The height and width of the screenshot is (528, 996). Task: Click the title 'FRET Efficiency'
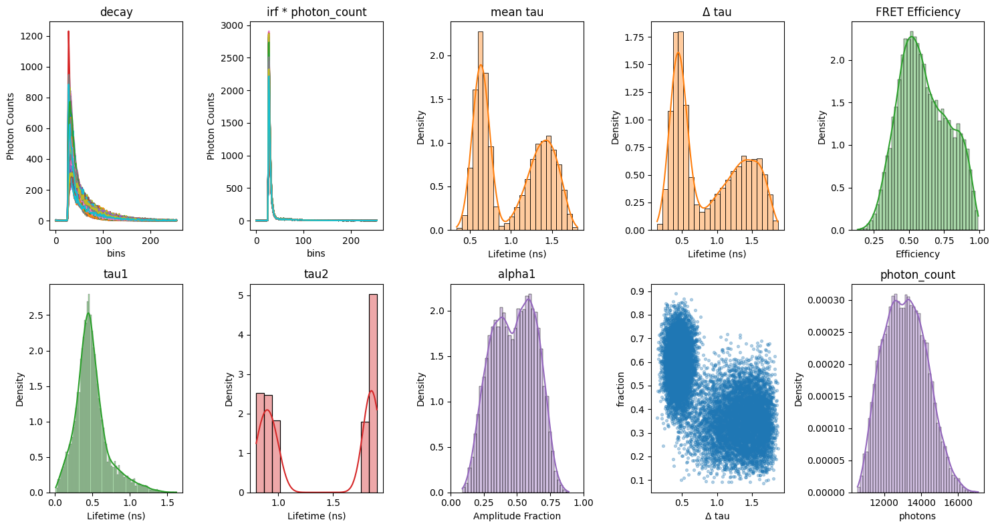pos(918,12)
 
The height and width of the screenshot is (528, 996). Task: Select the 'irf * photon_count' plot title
pos(317,12)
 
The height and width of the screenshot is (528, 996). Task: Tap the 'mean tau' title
pos(517,12)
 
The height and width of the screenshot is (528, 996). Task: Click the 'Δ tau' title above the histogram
pos(717,12)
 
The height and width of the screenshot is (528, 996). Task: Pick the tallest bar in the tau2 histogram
pos(374,394)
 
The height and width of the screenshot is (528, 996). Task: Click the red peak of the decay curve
pos(68,31)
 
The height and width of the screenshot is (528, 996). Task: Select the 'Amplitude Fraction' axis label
pos(517,516)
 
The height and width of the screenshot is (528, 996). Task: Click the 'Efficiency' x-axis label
pos(917,254)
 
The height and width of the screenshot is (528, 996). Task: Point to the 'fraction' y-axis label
pos(620,390)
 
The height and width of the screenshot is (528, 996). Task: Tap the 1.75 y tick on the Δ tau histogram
pos(634,37)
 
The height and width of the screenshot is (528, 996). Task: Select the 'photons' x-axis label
pos(917,516)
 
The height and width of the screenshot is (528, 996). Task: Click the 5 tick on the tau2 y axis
pos(241,295)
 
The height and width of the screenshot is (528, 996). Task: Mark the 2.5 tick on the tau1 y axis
pos(37,315)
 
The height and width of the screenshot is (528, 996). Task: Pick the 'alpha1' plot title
pos(517,274)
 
